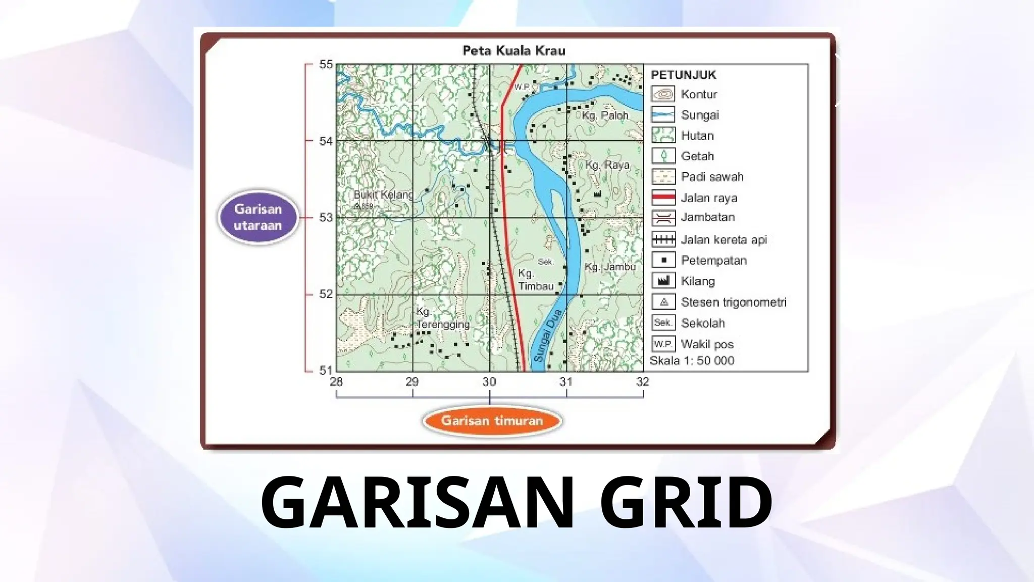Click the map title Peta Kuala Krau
click(x=514, y=51)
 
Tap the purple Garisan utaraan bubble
click(x=258, y=217)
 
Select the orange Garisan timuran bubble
click(x=492, y=421)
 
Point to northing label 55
click(x=326, y=65)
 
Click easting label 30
click(x=489, y=382)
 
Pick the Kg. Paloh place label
click(x=605, y=116)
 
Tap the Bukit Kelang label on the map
click(x=383, y=195)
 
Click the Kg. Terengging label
click(x=442, y=318)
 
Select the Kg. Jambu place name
click(x=610, y=267)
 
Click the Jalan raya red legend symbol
click(x=663, y=198)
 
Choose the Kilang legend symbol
click(x=663, y=281)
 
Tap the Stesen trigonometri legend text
click(x=733, y=302)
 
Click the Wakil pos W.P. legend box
click(x=663, y=344)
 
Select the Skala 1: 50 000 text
click(x=692, y=361)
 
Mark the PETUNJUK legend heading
click(x=683, y=75)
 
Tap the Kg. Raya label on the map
click(x=607, y=165)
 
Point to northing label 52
click(x=326, y=294)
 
